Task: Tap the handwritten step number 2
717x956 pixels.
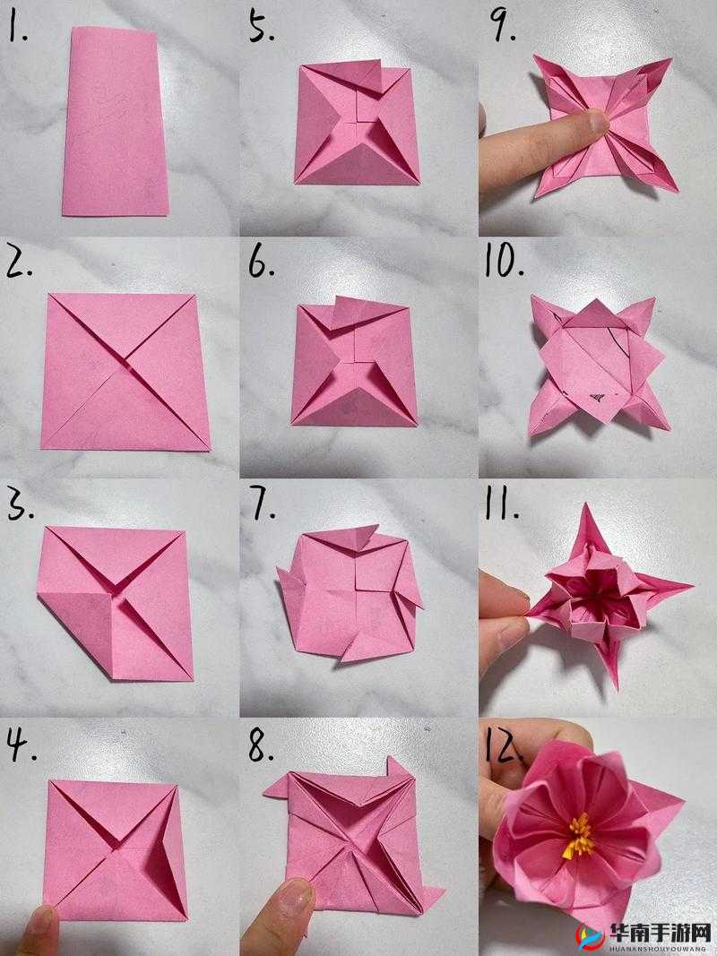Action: pos(19,263)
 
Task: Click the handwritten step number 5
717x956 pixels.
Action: pos(261,28)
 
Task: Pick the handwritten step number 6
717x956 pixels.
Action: pos(261,263)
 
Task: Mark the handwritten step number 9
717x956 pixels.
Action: pos(504,27)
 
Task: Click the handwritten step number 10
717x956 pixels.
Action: pos(505,263)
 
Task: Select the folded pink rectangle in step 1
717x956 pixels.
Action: pos(115,122)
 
